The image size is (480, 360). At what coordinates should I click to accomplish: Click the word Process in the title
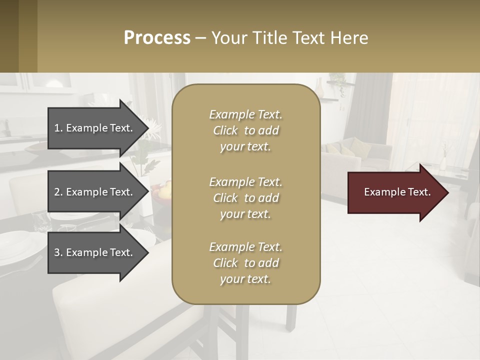tap(157, 38)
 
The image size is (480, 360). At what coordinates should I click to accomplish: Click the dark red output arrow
tap(395, 192)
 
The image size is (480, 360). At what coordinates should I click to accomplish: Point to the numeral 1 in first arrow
tap(57, 128)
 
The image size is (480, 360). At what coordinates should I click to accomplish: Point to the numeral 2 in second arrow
tap(57, 192)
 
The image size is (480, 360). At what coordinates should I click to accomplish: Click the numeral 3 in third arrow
tap(57, 252)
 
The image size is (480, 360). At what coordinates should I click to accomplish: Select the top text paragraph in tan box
tap(245, 130)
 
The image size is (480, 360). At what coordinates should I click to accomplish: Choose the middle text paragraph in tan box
tap(245, 198)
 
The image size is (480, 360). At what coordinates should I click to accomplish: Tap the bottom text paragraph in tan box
tap(245, 263)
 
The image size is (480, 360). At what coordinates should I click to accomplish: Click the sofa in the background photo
tap(345, 160)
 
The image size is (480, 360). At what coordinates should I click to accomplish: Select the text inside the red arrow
tap(397, 192)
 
